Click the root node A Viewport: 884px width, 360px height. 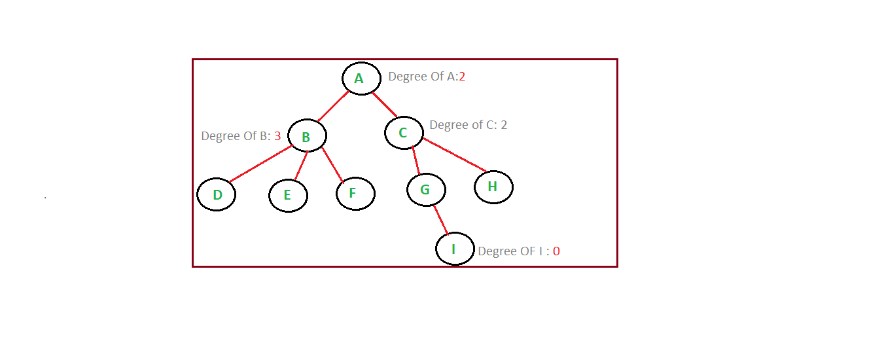point(361,79)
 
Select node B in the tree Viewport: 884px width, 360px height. point(307,136)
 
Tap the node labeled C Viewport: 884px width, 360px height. point(404,133)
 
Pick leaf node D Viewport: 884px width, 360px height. point(216,194)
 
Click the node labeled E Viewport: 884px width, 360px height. point(288,195)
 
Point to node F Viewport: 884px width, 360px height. point(355,193)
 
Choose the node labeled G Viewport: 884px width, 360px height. point(426,190)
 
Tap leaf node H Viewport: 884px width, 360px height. point(493,187)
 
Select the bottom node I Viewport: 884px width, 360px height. point(455,249)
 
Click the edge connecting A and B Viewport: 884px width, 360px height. point(333,107)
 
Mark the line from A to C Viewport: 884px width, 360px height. point(385,105)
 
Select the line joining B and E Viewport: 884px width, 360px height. point(300,166)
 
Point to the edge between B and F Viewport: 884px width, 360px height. point(332,164)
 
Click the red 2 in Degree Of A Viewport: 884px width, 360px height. point(462,77)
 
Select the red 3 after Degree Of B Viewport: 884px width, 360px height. point(277,136)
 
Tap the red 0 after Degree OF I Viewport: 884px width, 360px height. point(556,251)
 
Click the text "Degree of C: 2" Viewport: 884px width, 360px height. point(468,125)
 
